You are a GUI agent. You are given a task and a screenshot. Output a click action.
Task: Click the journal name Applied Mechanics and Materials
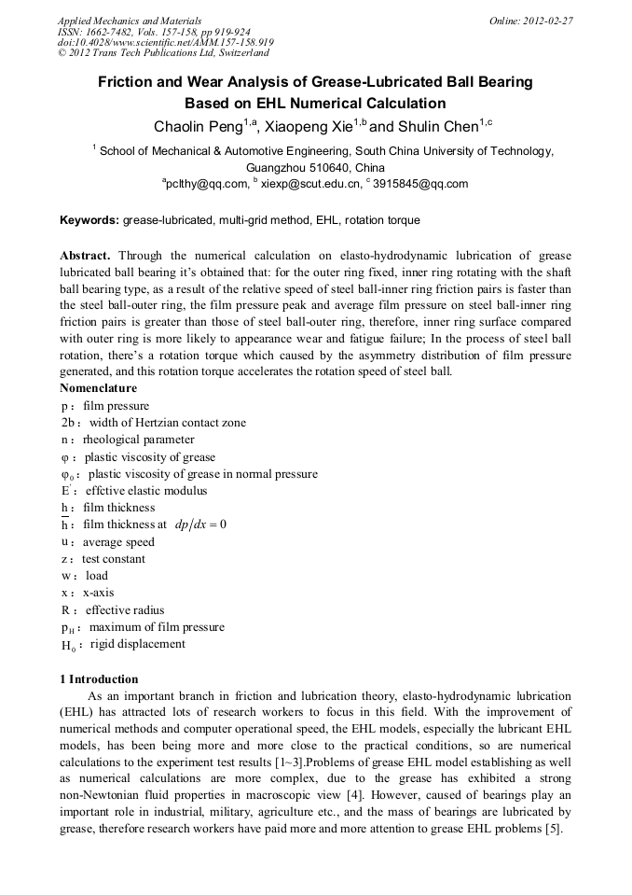point(130,20)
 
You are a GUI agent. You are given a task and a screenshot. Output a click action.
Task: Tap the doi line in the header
point(165,43)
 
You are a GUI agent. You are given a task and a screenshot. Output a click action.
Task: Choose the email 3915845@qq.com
point(420,184)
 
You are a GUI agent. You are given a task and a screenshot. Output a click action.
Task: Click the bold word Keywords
point(89,220)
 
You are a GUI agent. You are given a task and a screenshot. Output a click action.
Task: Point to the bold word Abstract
point(85,256)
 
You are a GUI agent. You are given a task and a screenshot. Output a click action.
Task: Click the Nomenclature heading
point(98,388)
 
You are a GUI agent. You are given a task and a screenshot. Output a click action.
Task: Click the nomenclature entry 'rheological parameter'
point(139,440)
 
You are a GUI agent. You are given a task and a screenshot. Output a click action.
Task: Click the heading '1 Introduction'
point(99,678)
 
